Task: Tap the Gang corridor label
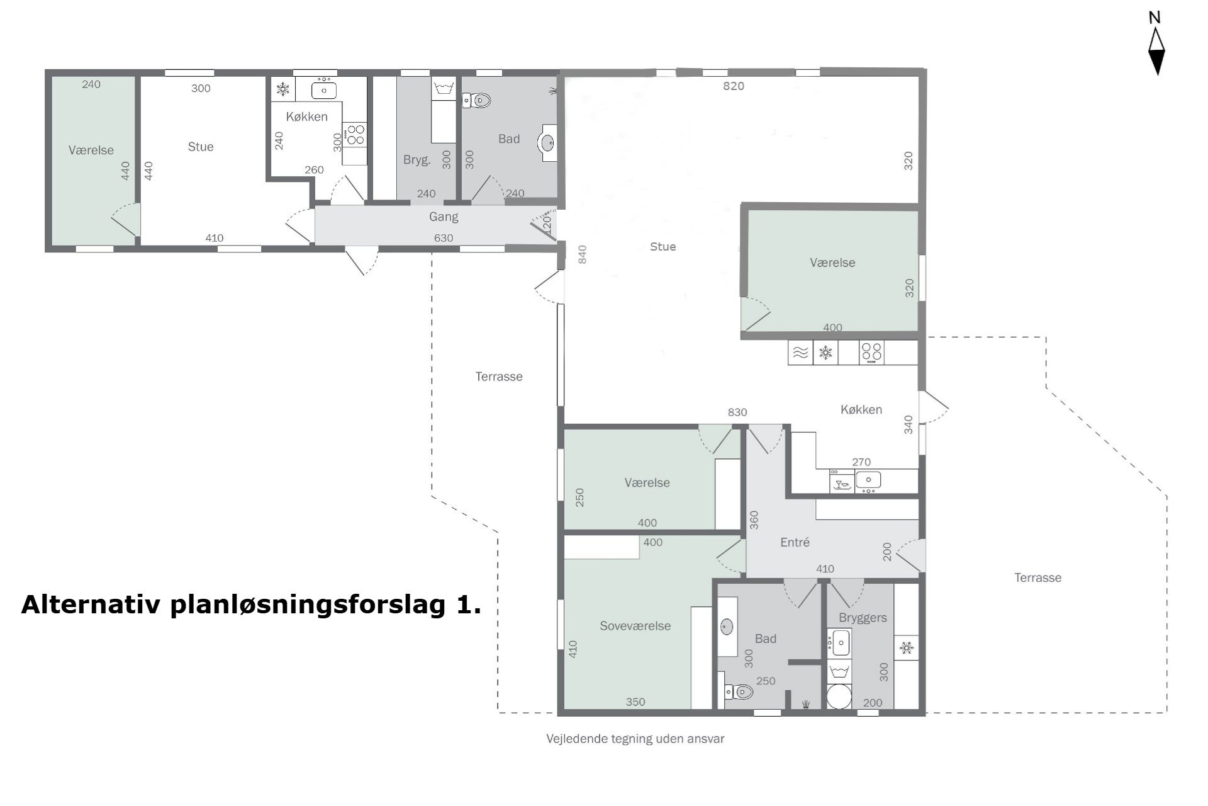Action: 444,217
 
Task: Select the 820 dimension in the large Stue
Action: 734,86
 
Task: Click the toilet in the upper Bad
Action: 479,99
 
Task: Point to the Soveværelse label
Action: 635,626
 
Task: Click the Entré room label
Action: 795,542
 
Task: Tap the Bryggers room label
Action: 863,618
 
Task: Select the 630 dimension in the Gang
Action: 444,238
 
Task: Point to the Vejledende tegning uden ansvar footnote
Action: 635,739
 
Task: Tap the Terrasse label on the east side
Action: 1037,577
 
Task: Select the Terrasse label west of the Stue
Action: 499,377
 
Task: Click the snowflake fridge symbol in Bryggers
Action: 906,647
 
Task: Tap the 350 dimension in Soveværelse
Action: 635,701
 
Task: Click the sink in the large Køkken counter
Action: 868,480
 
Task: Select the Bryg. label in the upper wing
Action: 417,160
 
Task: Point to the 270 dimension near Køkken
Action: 861,462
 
